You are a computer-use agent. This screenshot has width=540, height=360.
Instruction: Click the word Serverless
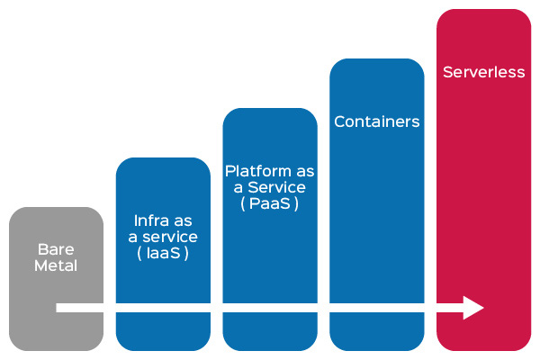point(484,72)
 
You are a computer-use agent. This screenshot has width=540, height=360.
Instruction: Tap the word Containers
point(377,121)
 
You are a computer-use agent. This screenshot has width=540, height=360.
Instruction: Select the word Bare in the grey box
point(55,249)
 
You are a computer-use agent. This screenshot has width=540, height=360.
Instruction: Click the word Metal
point(56,265)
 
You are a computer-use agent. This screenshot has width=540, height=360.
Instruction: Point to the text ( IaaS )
point(162,253)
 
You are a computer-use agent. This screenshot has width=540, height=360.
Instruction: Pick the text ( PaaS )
point(269,203)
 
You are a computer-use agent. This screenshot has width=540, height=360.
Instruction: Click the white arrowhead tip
point(482,308)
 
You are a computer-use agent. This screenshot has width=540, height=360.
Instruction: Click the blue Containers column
point(377,216)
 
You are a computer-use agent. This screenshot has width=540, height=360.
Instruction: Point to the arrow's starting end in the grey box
point(59,308)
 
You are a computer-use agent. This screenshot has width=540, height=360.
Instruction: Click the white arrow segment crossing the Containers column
point(377,308)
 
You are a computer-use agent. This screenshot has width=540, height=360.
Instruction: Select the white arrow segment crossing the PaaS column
point(270,308)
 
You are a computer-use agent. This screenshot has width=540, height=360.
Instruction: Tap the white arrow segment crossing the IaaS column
point(163,308)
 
